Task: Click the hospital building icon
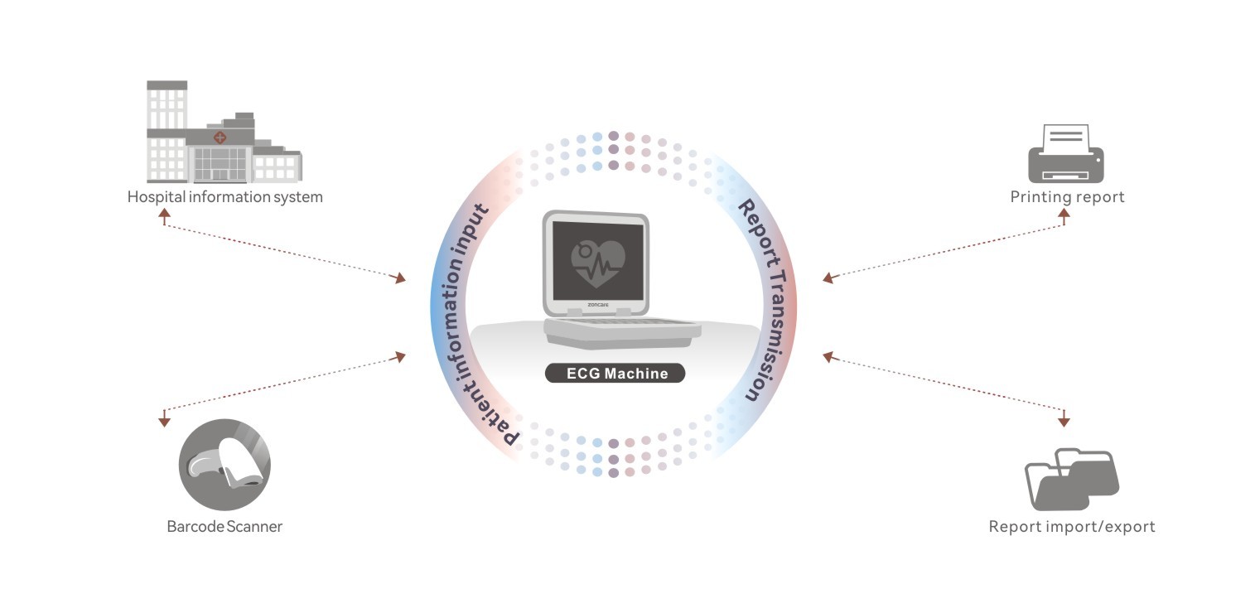pos(224,133)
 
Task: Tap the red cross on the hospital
pos(220,137)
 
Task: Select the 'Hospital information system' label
pos(224,197)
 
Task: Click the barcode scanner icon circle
pos(224,465)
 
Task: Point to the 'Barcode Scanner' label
pos(224,526)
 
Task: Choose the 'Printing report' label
pos(1067,197)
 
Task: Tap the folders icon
pos(1071,479)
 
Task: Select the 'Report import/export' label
pos(1071,526)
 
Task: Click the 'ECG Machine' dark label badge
pos(615,373)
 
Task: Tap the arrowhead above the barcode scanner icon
pos(164,422)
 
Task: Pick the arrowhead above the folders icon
pos(1064,422)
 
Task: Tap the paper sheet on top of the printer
pos(1065,137)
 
